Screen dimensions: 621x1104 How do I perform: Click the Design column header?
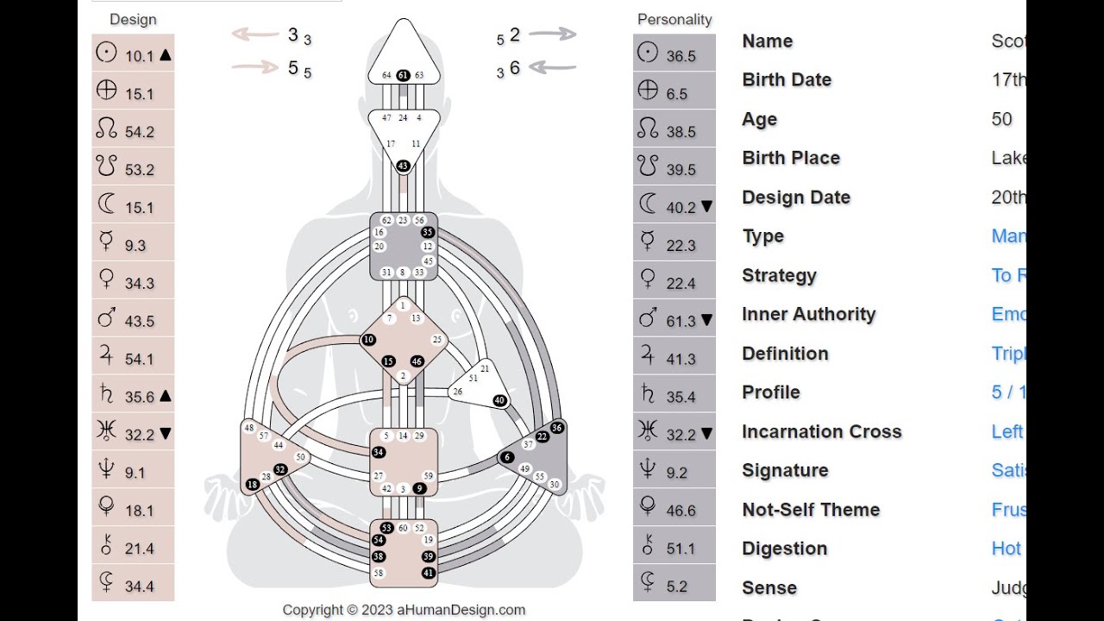pos(133,19)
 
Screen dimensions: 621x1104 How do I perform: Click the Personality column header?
pos(674,19)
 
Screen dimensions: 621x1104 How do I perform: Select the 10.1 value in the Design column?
pos(139,56)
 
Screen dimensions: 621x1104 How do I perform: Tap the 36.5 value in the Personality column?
pos(681,56)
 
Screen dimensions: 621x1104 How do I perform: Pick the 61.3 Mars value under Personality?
pos(681,321)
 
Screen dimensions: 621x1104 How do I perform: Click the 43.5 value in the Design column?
pos(139,321)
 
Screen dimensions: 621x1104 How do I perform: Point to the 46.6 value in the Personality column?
pos(681,511)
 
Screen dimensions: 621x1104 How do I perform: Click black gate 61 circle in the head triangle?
pos(403,75)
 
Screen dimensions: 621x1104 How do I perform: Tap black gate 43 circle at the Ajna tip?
pos(403,166)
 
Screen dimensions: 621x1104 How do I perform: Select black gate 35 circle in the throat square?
pos(426,232)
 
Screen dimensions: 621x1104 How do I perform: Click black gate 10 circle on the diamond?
pos(368,340)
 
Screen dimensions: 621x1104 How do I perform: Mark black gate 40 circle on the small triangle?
pos(499,400)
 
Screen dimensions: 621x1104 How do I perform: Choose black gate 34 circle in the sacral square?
pos(378,452)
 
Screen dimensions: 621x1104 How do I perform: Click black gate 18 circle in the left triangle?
pos(252,485)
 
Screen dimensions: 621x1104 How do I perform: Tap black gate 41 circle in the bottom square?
pos(428,573)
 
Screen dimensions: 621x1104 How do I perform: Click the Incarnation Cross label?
pos(821,431)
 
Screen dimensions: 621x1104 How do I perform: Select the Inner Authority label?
pos(808,314)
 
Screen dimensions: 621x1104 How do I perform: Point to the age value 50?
pos(1001,119)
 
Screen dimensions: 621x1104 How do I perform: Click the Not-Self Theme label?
pos(811,510)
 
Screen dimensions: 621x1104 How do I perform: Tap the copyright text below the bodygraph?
pos(404,610)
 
